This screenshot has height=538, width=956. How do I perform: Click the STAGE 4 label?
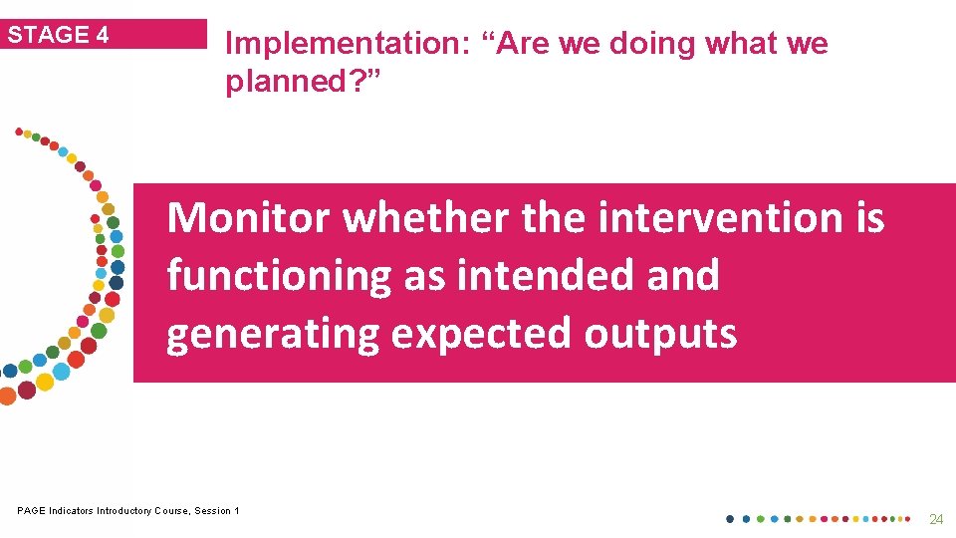59,35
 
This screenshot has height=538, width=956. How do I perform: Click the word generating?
273,333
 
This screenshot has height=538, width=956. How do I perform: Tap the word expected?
481,333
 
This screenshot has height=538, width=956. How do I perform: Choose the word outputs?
660,333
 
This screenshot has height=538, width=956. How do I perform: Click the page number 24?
935,519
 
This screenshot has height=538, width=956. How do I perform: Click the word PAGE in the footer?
31,511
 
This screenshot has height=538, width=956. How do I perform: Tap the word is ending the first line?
869,217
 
